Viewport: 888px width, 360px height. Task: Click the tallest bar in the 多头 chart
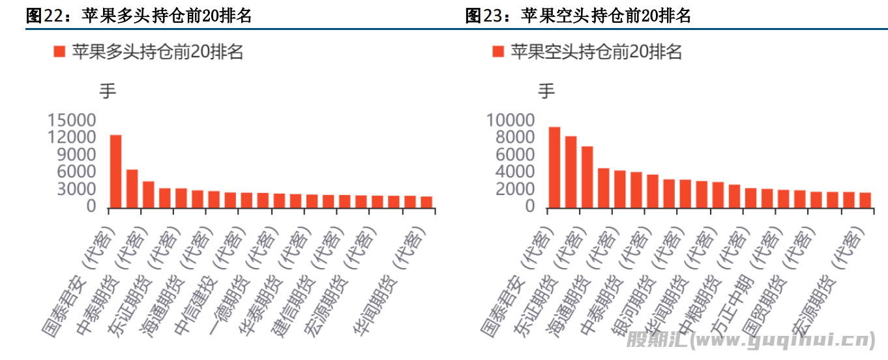(x=115, y=171)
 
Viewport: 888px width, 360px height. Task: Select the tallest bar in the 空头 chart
(x=554, y=167)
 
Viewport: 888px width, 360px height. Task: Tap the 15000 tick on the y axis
(x=72, y=121)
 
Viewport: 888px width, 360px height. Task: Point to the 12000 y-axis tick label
(x=72, y=138)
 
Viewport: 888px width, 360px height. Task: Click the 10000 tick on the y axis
(x=511, y=121)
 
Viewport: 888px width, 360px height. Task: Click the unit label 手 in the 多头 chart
(x=108, y=91)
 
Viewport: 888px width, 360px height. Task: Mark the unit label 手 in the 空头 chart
(x=546, y=91)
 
